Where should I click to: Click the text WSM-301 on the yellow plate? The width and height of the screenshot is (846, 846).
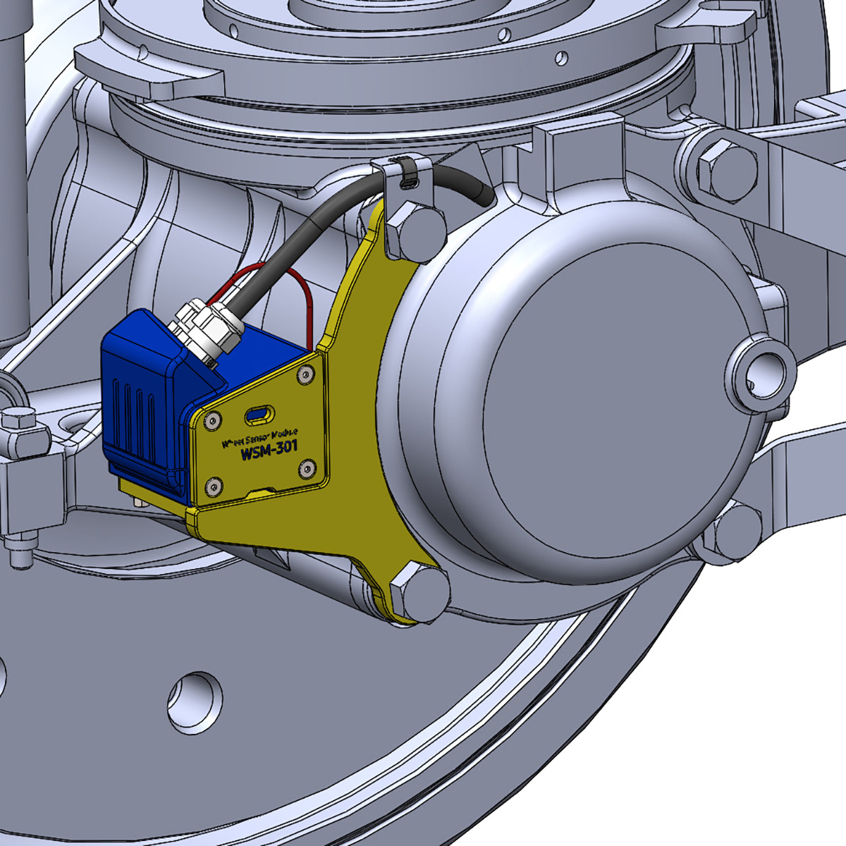269,449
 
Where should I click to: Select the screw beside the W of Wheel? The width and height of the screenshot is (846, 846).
210,422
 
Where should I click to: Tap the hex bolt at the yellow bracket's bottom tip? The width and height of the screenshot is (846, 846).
419,592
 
